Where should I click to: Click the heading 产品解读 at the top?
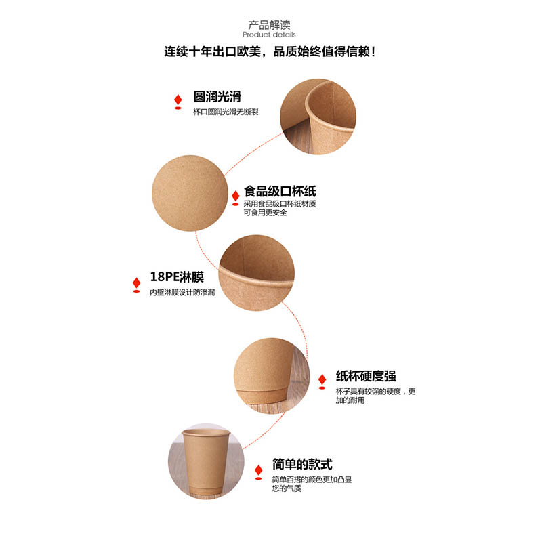(269, 24)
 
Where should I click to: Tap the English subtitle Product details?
(269, 35)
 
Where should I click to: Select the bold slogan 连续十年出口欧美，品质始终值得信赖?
(270, 51)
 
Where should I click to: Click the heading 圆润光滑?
(217, 96)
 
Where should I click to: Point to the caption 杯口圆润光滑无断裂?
(226, 112)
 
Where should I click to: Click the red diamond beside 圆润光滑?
(178, 100)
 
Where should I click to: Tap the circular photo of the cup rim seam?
(318, 117)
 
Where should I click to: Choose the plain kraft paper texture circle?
(190, 193)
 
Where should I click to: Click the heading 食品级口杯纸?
(280, 191)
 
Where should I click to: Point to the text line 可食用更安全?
(265, 213)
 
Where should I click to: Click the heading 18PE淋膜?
(177, 277)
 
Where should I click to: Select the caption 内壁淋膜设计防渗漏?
(182, 293)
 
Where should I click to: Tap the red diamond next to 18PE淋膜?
(137, 283)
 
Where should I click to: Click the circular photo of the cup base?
(272, 376)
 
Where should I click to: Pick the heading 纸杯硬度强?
(366, 376)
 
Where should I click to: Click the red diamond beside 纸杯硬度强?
(322, 380)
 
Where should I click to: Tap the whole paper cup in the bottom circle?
(206, 463)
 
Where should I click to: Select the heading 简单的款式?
(302, 464)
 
